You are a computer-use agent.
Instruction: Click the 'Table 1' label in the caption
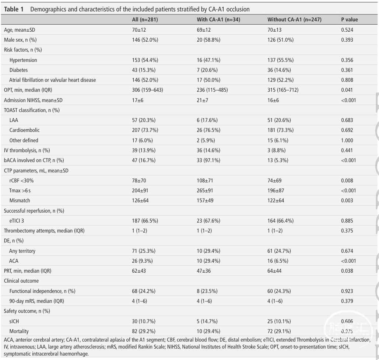tap(14, 10)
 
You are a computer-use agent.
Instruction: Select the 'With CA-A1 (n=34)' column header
tap(218, 20)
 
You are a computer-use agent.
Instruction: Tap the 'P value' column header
tap(350, 20)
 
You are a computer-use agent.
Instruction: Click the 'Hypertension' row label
tap(23, 60)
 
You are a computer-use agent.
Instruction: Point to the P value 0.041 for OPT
tap(347, 90)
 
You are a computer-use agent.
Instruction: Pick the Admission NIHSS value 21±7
tap(202, 100)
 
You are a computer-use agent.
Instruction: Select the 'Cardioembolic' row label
tap(24, 130)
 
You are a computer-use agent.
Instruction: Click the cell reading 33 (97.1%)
tap(208, 160)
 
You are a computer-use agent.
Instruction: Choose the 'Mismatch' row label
tap(20, 200)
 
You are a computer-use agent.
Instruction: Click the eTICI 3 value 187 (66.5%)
tap(145, 221)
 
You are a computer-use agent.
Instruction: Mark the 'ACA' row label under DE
tap(14, 261)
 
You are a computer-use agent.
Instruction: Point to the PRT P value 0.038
tap(347, 271)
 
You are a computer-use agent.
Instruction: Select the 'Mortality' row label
tap(19, 331)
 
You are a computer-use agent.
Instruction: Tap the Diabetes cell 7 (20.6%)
tap(207, 70)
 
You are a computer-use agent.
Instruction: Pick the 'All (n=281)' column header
tap(145, 20)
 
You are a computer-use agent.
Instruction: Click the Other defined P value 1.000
tap(347, 140)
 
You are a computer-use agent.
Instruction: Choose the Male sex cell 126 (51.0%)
tap(280, 40)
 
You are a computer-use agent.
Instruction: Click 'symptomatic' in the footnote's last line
tap(17, 354)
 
